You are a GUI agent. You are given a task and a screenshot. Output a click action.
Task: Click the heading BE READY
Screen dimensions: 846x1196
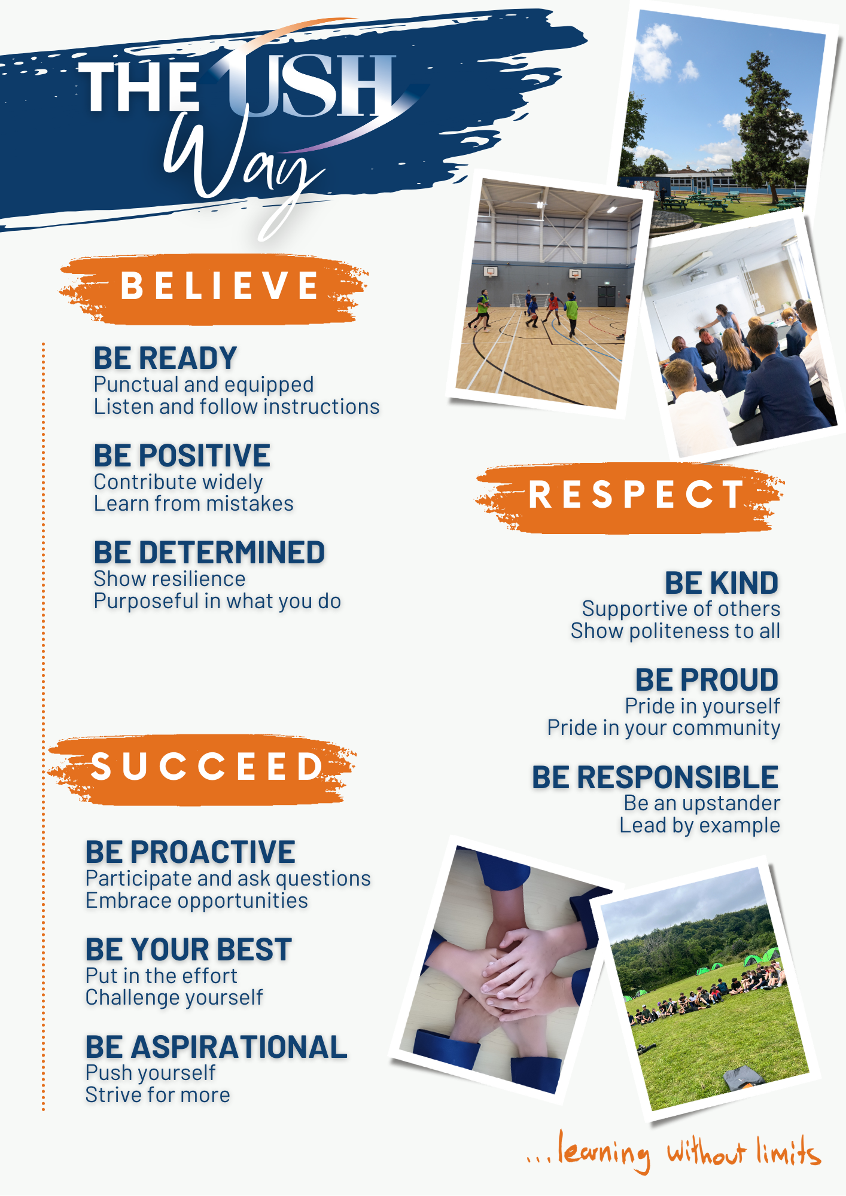(x=165, y=358)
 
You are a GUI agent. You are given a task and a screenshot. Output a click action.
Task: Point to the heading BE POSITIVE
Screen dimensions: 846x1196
(x=182, y=456)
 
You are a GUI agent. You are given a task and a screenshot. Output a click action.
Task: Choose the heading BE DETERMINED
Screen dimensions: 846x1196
(x=209, y=553)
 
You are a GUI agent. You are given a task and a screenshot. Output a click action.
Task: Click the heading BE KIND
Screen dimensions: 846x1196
(x=722, y=583)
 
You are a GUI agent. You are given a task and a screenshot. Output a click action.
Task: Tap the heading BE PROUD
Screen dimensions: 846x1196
(x=707, y=680)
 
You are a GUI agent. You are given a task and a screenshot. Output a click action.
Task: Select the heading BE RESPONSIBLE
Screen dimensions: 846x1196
(x=655, y=777)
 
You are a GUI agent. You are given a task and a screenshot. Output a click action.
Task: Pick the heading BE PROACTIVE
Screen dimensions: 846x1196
(x=190, y=852)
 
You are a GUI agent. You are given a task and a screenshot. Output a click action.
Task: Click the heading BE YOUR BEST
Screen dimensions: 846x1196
(x=188, y=950)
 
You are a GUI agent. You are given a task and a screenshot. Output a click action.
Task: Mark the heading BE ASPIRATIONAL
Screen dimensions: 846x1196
(x=216, y=1047)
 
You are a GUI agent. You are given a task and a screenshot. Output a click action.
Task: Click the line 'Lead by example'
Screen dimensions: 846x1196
(x=699, y=826)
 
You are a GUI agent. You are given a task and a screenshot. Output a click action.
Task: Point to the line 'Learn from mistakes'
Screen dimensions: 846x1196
(x=194, y=504)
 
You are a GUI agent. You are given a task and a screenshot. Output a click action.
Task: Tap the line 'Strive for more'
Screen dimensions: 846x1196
(x=158, y=1095)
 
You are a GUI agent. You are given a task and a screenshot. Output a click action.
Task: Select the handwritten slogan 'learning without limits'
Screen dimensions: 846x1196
(x=673, y=1152)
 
